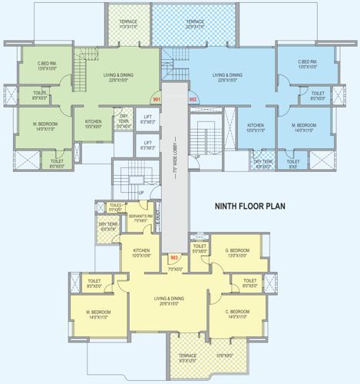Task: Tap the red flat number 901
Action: tap(157, 99)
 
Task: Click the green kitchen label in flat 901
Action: tap(94, 124)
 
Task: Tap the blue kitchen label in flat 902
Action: tap(256, 127)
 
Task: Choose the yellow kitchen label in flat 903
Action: tap(141, 253)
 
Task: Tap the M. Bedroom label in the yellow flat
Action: tap(99, 313)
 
